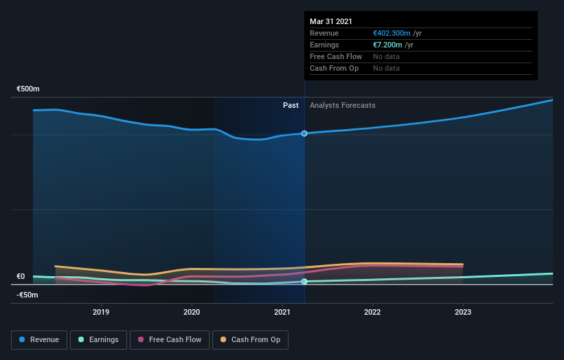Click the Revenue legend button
(40, 339)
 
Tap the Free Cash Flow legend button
(169, 339)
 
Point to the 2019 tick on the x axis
(101, 312)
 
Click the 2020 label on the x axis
(192, 312)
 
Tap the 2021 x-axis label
(282, 312)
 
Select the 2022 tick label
(372, 312)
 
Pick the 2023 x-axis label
(463, 312)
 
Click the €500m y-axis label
(28, 89)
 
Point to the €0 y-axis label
(21, 277)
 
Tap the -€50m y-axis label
(27, 295)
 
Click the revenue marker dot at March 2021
(304, 133)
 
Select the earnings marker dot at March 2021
(304, 282)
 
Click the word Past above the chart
(291, 105)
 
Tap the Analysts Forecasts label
(343, 105)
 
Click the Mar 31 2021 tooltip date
(330, 21)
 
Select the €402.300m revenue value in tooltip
(392, 33)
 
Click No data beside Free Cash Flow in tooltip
(386, 56)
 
